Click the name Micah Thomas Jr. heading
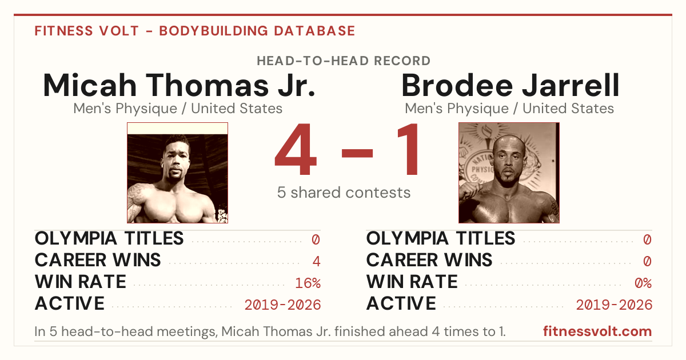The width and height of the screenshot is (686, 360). coord(179,85)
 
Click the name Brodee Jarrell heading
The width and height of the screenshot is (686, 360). coord(510,85)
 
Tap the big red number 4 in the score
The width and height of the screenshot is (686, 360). coord(296,149)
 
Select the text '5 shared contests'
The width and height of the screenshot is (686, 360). coord(344,193)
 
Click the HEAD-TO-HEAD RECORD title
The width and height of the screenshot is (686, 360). coord(344,61)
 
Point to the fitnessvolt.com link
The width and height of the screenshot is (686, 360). coord(597,331)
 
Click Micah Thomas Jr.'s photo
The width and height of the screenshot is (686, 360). coord(178,173)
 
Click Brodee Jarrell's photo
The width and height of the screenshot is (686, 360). coord(509,173)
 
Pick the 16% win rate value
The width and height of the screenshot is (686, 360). coord(308,283)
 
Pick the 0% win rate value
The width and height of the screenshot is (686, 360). coord(643,283)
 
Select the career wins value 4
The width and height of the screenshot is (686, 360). coord(316,262)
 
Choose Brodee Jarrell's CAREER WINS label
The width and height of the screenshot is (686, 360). coord(429,260)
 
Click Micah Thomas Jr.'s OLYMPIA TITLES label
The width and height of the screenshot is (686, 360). coord(109,238)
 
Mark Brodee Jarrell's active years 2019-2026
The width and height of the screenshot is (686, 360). coord(614,305)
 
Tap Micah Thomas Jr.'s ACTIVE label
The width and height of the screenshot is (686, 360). coord(70,303)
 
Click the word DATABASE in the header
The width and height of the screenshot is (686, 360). coord(314,31)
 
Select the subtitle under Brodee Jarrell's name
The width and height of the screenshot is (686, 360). coord(509,109)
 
